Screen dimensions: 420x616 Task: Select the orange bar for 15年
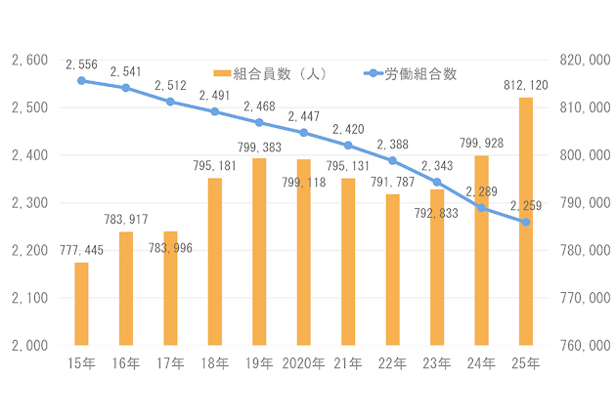(x=81, y=304)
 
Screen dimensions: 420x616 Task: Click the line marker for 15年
(x=81, y=80)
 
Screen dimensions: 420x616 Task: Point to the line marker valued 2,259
(x=526, y=222)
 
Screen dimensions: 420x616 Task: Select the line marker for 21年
(x=348, y=145)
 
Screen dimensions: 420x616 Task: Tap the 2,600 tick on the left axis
(x=29, y=61)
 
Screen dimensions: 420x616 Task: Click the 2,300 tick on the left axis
(x=29, y=203)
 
